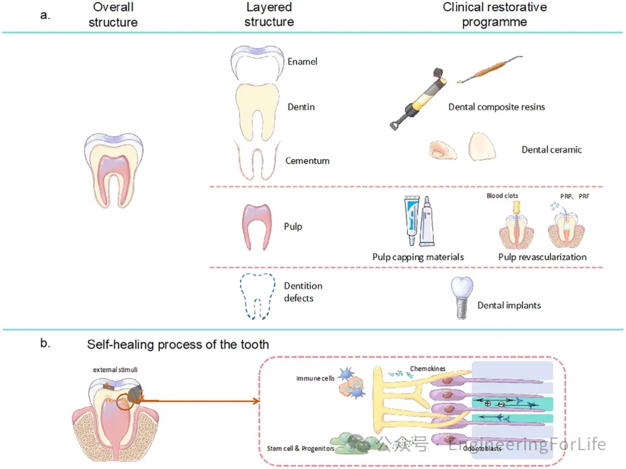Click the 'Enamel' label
click(x=302, y=62)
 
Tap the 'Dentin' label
click(x=301, y=107)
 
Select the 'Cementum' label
click(x=307, y=161)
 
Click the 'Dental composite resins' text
click(x=496, y=107)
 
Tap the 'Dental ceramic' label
click(x=551, y=150)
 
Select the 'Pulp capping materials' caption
click(x=418, y=257)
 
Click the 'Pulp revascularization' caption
click(x=542, y=257)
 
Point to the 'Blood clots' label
click(x=502, y=196)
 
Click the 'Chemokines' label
click(x=428, y=369)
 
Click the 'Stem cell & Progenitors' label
click(x=300, y=448)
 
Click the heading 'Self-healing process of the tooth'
click(x=178, y=345)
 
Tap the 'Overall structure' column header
click(x=113, y=15)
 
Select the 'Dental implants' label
click(x=509, y=305)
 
